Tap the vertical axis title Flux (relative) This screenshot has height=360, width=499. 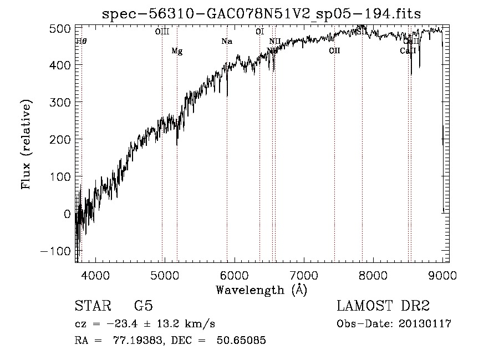[x=27, y=145]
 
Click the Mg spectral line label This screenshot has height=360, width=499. [x=177, y=52]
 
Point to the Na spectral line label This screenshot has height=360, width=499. [x=226, y=42]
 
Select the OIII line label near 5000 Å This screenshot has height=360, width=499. [x=162, y=32]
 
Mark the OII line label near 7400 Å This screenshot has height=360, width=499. [x=334, y=51]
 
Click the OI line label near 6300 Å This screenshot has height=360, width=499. [x=259, y=32]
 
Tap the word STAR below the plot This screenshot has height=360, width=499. [x=92, y=306]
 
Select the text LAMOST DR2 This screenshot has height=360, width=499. [x=383, y=306]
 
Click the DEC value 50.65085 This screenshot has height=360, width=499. [x=243, y=341]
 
